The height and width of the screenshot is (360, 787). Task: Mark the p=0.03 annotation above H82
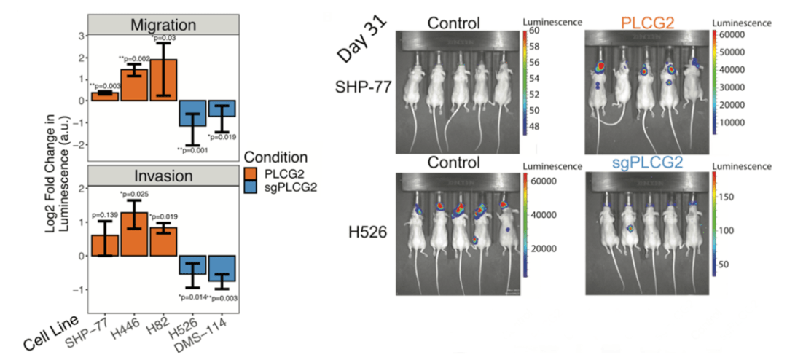(x=165, y=38)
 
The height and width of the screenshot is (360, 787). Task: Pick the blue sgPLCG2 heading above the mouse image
(x=638, y=165)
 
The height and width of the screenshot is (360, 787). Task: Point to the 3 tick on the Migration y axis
(x=81, y=34)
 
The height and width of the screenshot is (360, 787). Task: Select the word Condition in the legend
(x=276, y=156)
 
